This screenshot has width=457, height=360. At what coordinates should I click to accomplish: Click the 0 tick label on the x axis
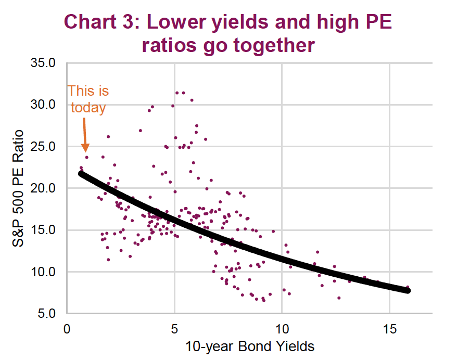[x=67, y=329]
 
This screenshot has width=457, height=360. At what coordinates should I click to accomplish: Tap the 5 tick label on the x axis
[x=174, y=329]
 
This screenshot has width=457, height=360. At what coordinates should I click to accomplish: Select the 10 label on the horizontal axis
[x=282, y=329]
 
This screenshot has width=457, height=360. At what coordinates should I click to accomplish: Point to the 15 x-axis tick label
[x=389, y=329]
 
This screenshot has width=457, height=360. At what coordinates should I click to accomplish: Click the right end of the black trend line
[x=408, y=290]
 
